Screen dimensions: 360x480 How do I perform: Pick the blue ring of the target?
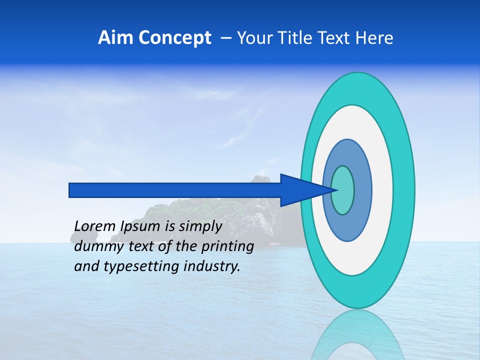point(362,190)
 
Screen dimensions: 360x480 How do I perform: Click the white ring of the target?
point(382,190)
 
